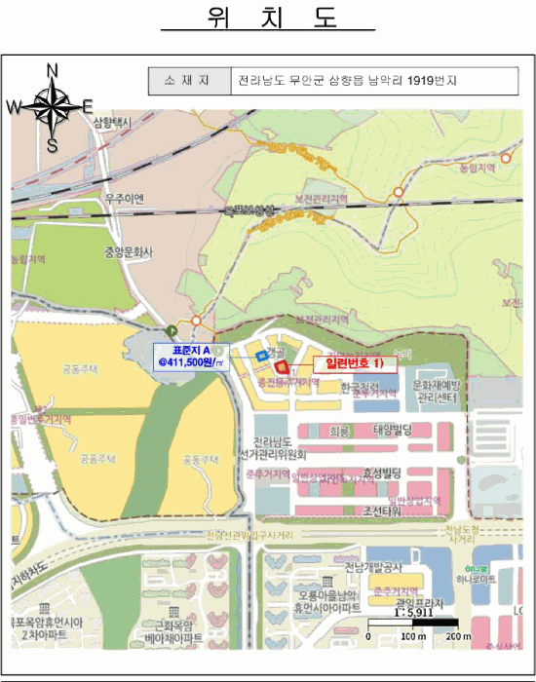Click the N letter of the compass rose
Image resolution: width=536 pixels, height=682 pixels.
[53, 69]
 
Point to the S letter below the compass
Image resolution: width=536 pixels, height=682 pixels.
[53, 145]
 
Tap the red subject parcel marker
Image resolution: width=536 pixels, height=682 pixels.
[283, 366]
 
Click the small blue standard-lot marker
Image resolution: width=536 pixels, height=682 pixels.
[260, 357]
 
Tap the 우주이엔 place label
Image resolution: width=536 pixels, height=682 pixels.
[126, 199]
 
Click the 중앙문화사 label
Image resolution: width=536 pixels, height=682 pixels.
[130, 250]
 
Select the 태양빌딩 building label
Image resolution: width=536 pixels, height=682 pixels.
[394, 429]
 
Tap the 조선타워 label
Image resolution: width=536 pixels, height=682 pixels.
[382, 511]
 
